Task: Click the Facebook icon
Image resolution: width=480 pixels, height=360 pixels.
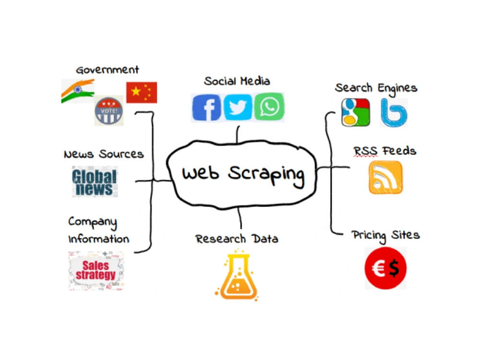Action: pos(206,108)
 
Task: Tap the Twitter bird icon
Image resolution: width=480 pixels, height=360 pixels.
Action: pos(238,107)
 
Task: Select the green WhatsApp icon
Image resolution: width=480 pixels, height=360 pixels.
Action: pos(269,107)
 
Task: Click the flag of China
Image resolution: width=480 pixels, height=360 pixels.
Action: pos(142,93)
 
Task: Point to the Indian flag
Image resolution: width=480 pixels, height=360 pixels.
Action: pos(78,91)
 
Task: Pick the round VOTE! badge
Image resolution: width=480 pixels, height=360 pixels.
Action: pos(108,110)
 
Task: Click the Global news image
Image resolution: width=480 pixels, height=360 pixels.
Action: pos(95,182)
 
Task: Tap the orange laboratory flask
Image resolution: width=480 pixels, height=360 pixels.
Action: pos(238,275)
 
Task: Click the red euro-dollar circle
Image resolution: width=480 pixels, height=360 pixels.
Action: pos(385,268)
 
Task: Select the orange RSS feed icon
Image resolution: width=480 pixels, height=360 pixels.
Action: pos(386,178)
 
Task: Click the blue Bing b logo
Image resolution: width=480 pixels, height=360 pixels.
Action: pos(394,113)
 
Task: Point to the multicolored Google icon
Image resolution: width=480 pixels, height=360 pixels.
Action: pos(355,112)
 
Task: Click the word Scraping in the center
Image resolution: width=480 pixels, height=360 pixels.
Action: pos(266,175)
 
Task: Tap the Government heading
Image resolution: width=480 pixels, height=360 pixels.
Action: pos(108,70)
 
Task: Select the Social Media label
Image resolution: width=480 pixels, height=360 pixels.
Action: pos(237,81)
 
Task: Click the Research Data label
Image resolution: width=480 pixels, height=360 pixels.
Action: pos(237,239)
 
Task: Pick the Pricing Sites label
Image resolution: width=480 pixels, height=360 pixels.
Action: pos(386,236)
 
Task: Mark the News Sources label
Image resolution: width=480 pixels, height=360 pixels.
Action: pos(104,154)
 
